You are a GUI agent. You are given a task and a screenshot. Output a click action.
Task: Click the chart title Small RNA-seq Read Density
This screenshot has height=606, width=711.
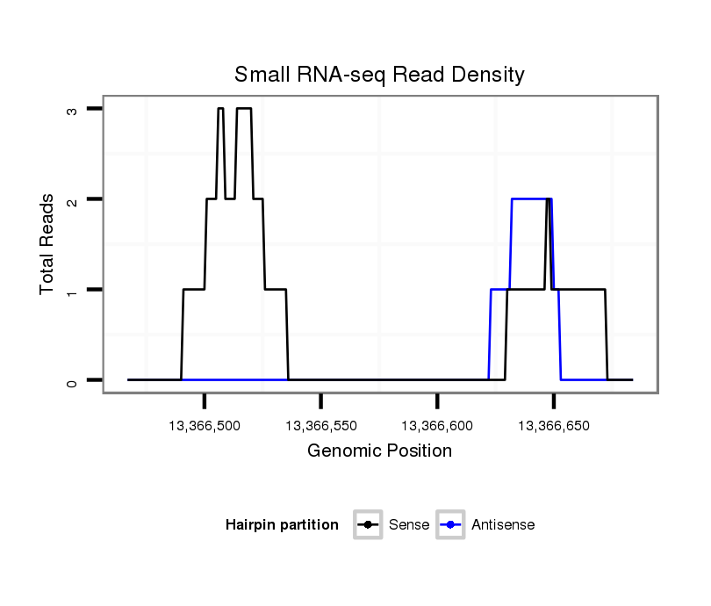pos(379,75)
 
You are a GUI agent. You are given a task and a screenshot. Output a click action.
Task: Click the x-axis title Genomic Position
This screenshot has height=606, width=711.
pos(379,451)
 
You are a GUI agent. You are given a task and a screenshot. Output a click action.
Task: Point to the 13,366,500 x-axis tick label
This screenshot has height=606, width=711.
pos(204,426)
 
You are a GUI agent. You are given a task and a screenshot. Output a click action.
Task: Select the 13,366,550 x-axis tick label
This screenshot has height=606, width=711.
pos(320,426)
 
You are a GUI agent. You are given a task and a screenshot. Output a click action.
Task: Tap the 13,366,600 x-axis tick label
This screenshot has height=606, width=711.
pos(437,426)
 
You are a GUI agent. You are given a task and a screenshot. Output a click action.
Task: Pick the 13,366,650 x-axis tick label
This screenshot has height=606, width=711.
pos(554,426)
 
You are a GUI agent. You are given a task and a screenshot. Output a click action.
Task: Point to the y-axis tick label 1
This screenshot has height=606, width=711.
pos(72,290)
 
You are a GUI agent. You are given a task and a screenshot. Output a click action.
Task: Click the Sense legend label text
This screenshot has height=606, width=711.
pos(409,525)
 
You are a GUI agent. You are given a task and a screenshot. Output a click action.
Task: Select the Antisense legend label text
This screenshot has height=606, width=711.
pos(503,525)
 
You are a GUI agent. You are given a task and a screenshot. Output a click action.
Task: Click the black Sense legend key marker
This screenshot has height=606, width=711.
pos(367,525)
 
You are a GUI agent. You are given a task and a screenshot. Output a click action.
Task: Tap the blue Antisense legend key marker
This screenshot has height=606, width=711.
pos(450,525)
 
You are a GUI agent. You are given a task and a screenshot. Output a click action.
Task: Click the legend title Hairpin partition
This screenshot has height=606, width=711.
pos(282,525)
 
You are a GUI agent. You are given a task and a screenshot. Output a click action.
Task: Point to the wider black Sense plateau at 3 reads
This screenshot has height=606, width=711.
pos(244,109)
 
